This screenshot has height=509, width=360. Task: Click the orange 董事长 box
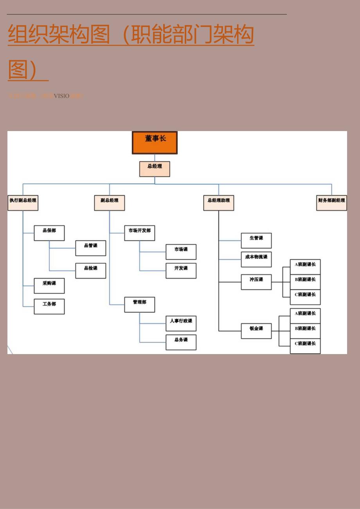155,142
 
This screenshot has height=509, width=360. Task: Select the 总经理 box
155,169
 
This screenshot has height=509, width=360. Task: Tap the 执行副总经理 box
23,203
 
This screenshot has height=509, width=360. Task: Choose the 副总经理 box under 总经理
109,203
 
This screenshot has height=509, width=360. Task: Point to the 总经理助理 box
218,203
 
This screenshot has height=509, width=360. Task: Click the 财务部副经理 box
331,203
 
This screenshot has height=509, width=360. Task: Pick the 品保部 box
49,233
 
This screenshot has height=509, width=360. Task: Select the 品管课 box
90,248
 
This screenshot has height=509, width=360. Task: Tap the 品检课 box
90,271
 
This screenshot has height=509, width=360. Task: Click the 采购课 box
49,286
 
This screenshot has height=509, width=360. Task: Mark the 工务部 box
49,306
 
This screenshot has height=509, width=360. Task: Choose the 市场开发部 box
139,233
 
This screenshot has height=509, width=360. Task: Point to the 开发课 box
181,271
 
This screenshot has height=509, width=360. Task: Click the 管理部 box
139,305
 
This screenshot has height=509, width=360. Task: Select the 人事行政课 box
181,324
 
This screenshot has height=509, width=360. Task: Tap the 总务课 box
181,342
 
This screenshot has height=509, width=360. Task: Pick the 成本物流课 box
256,259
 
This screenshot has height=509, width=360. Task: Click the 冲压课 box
256,282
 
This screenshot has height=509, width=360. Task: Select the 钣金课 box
256,331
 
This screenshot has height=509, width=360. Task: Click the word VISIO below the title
61,96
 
